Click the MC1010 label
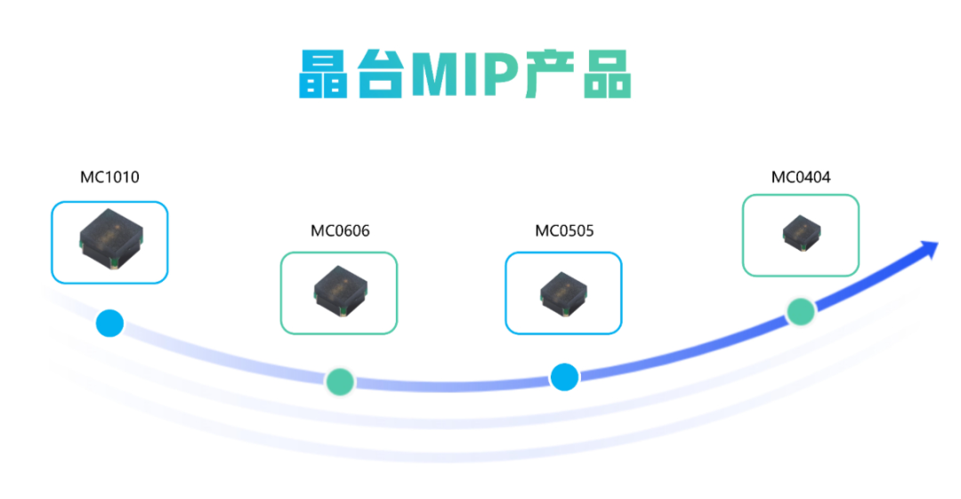(109, 177)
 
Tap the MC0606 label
(340, 231)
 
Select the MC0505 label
(564, 231)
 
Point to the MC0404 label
(801, 177)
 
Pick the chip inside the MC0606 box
(339, 292)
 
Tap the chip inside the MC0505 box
(563, 293)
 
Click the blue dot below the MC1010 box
(109, 322)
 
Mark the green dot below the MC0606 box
(339, 381)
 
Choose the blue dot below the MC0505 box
(564, 377)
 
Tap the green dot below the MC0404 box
(801, 311)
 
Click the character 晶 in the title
(323, 74)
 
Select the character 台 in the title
(380, 74)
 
